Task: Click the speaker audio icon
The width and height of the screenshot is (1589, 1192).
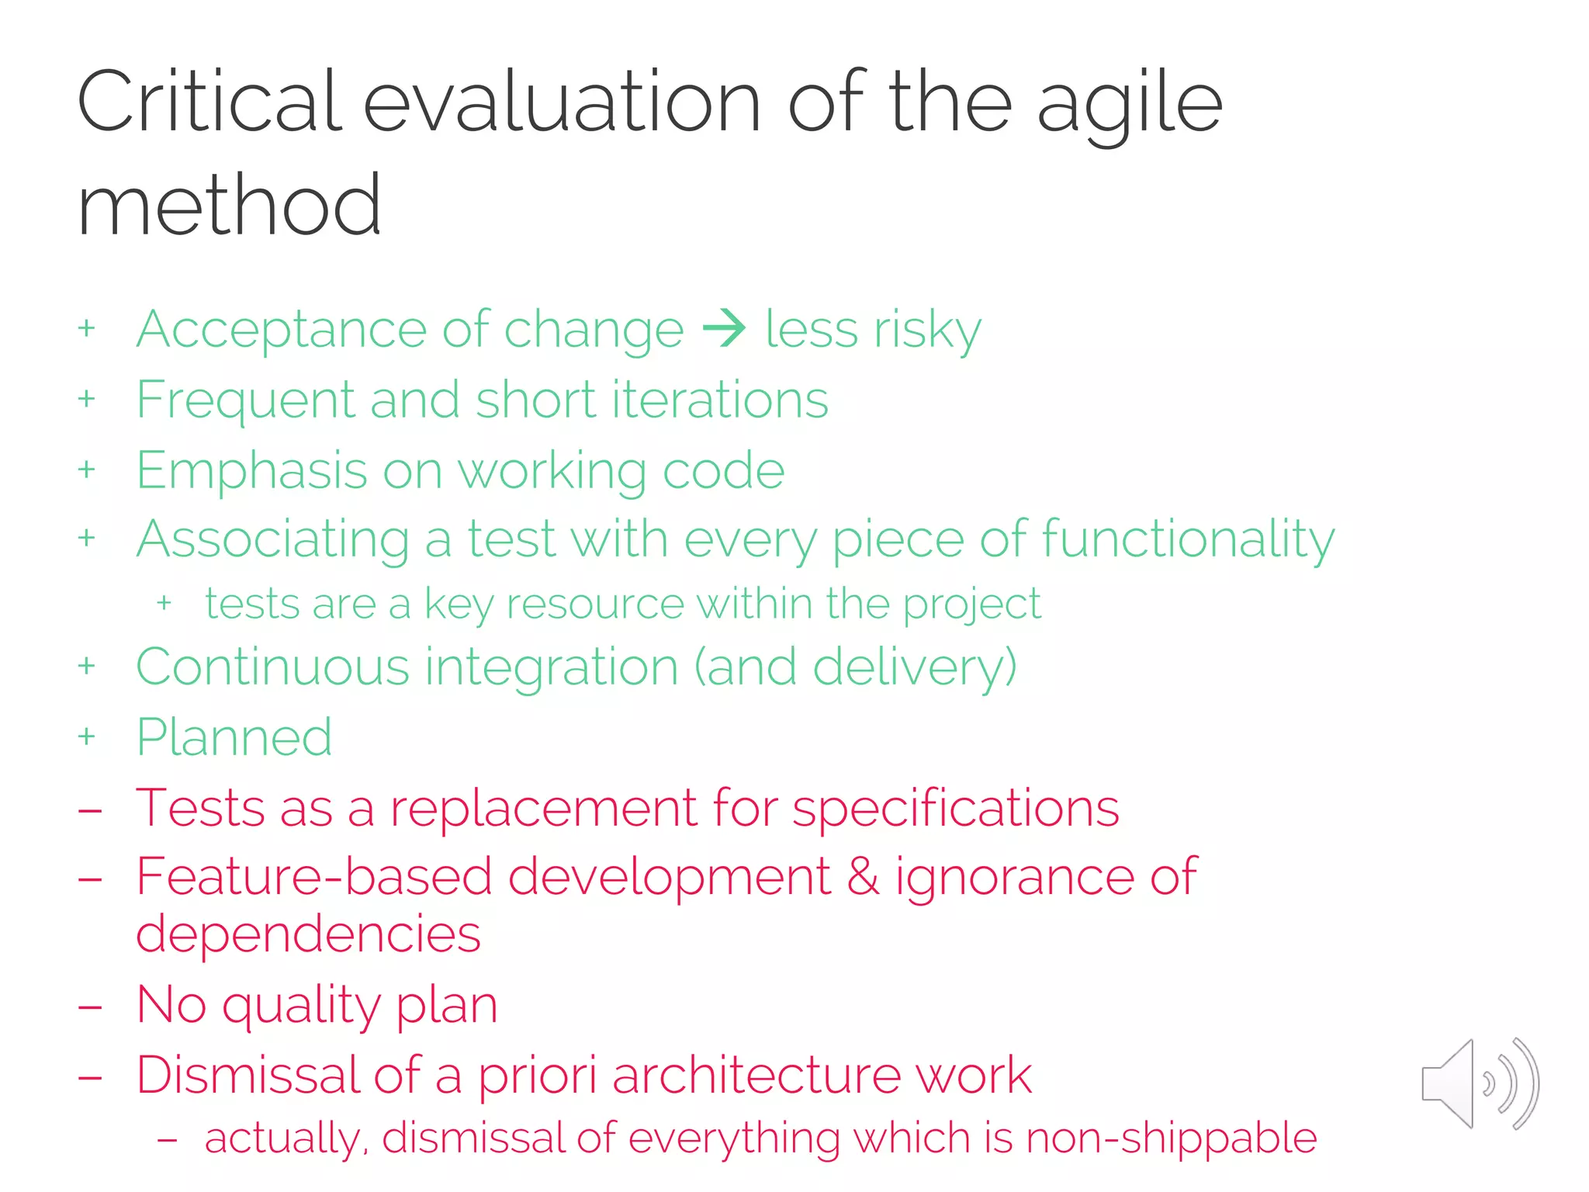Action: (1479, 1083)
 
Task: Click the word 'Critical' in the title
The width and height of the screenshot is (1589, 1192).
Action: (209, 102)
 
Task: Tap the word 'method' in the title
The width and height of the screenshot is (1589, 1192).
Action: (230, 206)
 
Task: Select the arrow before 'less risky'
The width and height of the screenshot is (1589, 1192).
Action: (724, 328)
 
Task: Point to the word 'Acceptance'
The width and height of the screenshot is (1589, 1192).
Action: (282, 330)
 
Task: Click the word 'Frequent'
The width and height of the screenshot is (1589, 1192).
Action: (245, 400)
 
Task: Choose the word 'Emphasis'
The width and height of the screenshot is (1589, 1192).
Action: (251, 470)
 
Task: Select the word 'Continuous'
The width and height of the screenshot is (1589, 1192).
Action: (272, 667)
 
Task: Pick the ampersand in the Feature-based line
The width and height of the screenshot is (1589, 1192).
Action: (863, 877)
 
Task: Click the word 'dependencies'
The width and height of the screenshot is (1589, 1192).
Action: (308, 934)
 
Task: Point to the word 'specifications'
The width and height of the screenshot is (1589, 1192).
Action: (955, 809)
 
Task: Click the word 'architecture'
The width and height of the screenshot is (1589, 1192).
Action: (756, 1076)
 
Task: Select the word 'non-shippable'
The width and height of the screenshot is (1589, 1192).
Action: (1171, 1138)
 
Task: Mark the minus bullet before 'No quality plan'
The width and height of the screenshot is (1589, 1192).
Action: (90, 1007)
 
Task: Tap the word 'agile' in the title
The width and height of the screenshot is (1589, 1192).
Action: (1130, 103)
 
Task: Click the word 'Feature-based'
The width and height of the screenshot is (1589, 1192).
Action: (314, 877)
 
